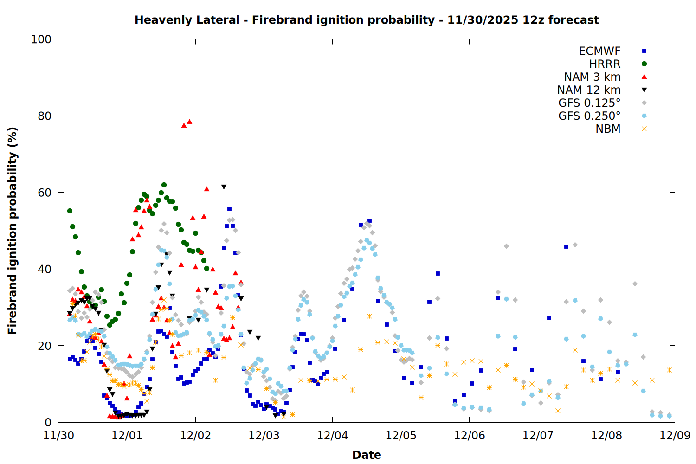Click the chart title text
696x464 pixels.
point(367,20)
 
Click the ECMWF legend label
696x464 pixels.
point(599,51)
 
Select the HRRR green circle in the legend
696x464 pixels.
point(644,64)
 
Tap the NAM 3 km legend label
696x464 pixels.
point(592,77)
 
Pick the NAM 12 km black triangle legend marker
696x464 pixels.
point(644,90)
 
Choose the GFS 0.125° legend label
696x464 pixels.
point(589,103)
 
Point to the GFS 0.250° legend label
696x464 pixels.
point(589,116)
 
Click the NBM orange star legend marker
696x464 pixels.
point(644,129)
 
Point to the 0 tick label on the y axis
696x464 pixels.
point(48,422)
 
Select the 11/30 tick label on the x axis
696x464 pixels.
point(58,436)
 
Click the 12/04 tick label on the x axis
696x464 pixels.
point(332,436)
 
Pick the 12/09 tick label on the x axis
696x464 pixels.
point(675,436)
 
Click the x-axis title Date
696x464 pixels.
point(367,455)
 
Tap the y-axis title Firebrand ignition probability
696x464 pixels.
point(12,231)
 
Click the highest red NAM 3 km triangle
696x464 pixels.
point(189,122)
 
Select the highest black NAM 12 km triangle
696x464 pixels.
point(224,187)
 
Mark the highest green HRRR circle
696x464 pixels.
point(164,185)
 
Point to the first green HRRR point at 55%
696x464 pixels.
point(70,211)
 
